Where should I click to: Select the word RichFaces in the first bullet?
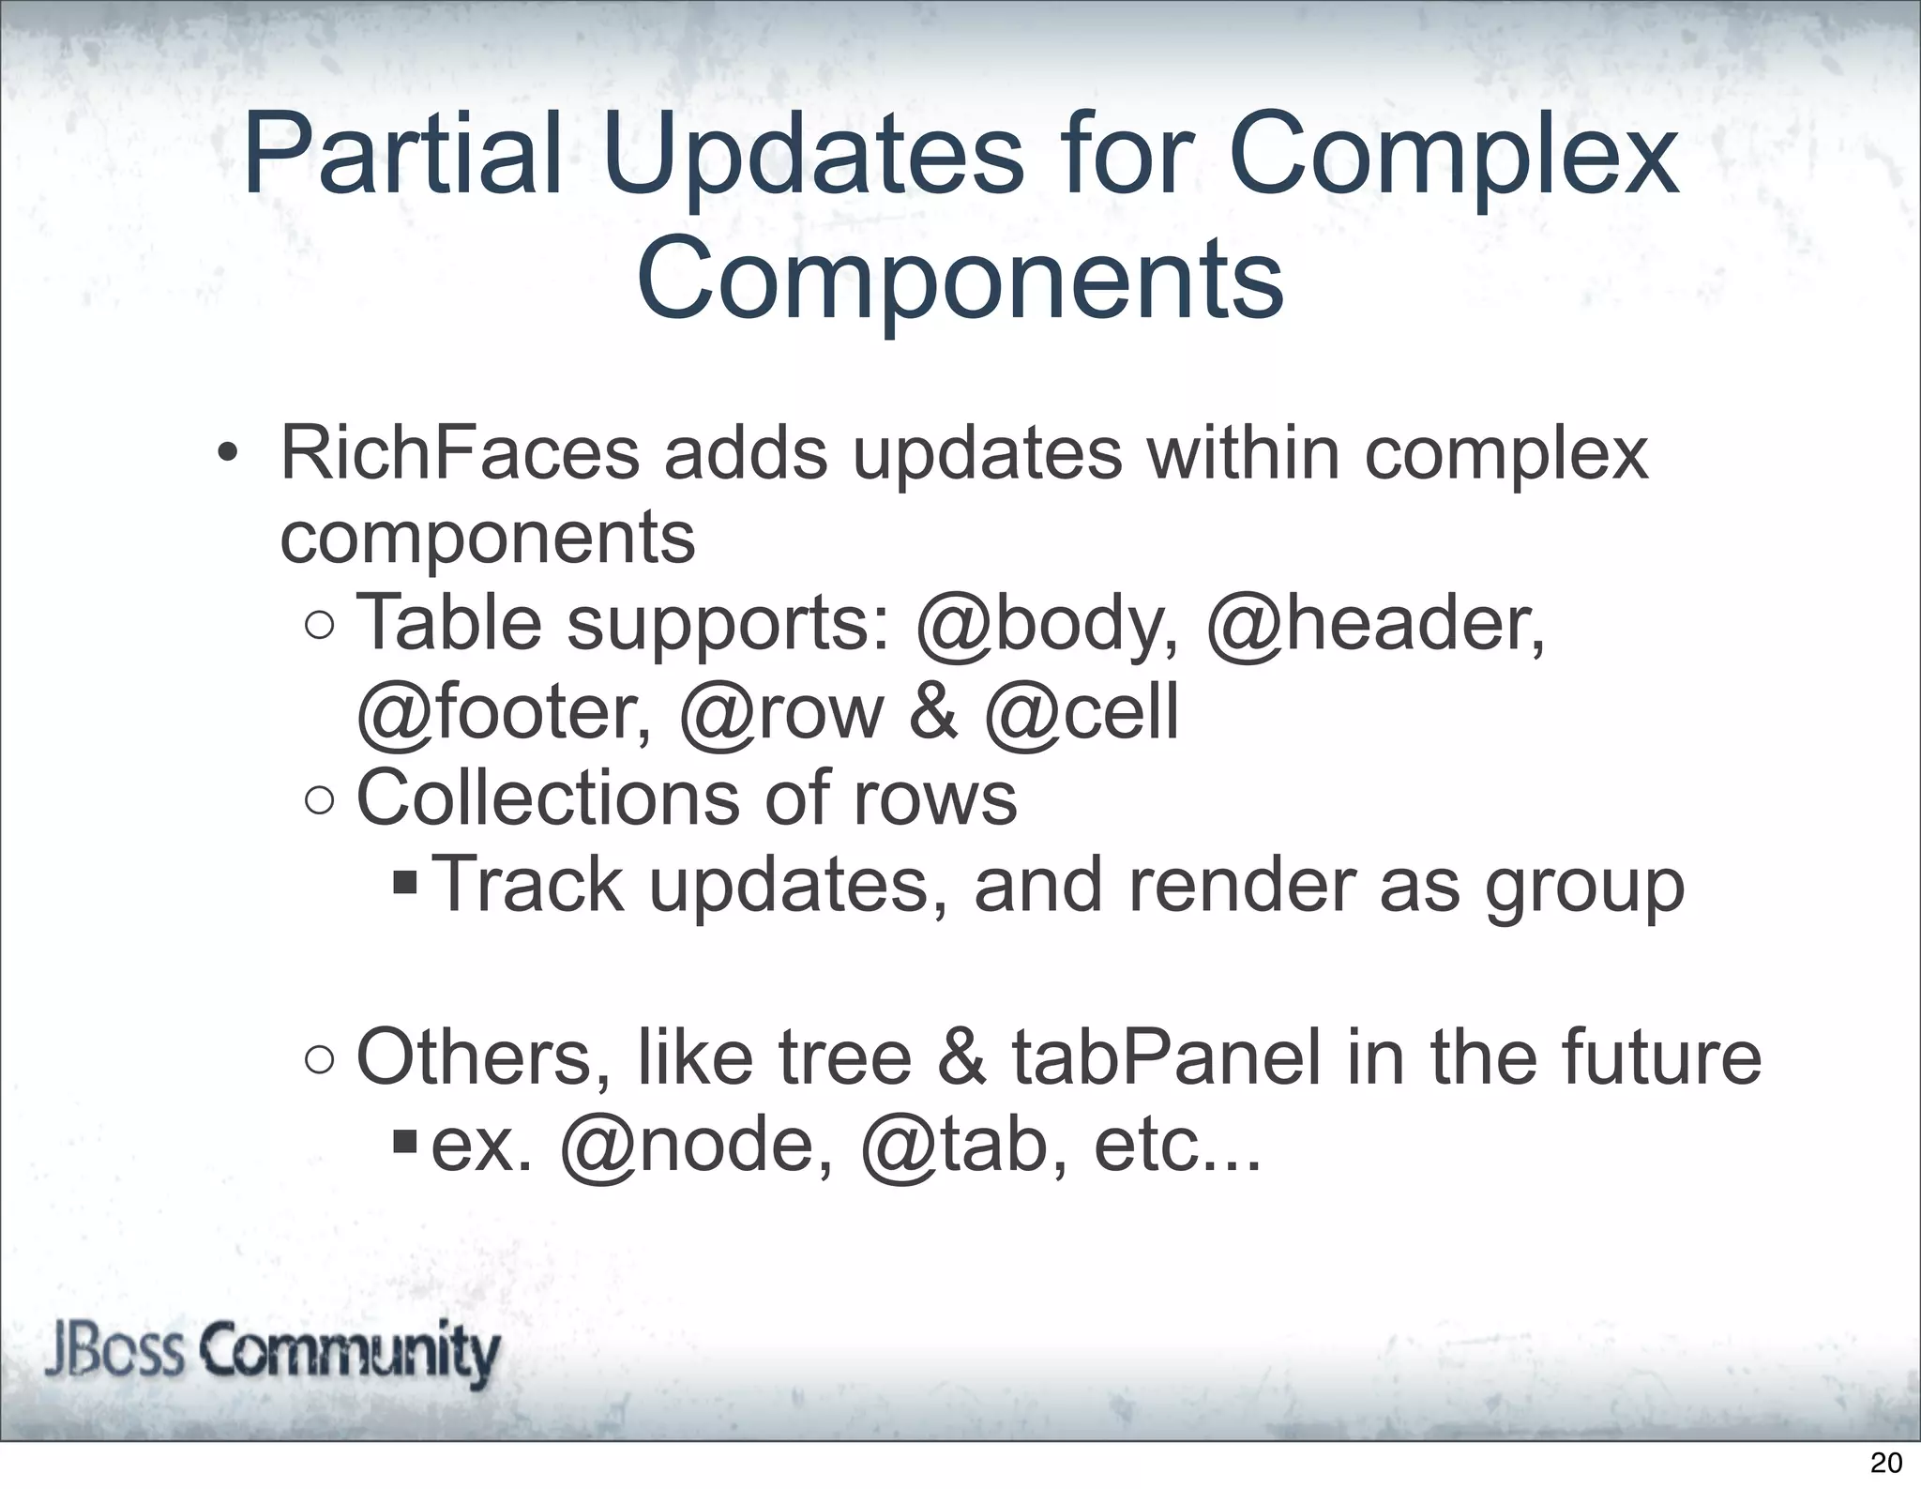pos(460,454)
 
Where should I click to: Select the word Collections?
pos(548,798)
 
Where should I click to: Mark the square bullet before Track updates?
pos(405,883)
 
